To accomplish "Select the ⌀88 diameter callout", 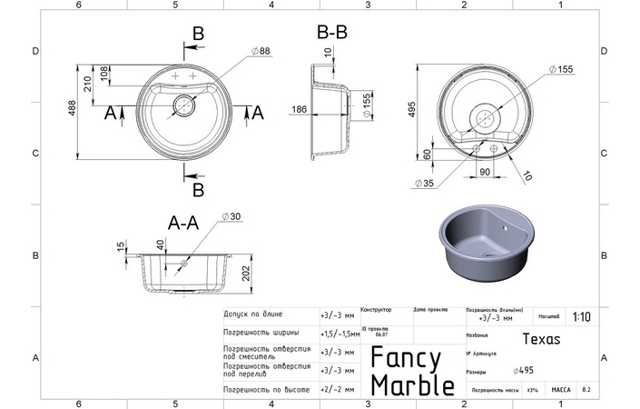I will (263, 52).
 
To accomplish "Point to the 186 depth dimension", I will (299, 108).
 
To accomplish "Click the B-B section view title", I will (331, 32).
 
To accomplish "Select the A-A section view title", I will (183, 221).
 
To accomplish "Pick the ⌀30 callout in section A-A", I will (231, 216).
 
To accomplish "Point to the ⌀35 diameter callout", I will (424, 184).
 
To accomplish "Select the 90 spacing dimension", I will (485, 171).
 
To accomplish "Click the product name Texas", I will (542, 338).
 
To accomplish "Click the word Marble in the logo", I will (412, 384).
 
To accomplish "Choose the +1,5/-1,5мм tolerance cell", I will (338, 334).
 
